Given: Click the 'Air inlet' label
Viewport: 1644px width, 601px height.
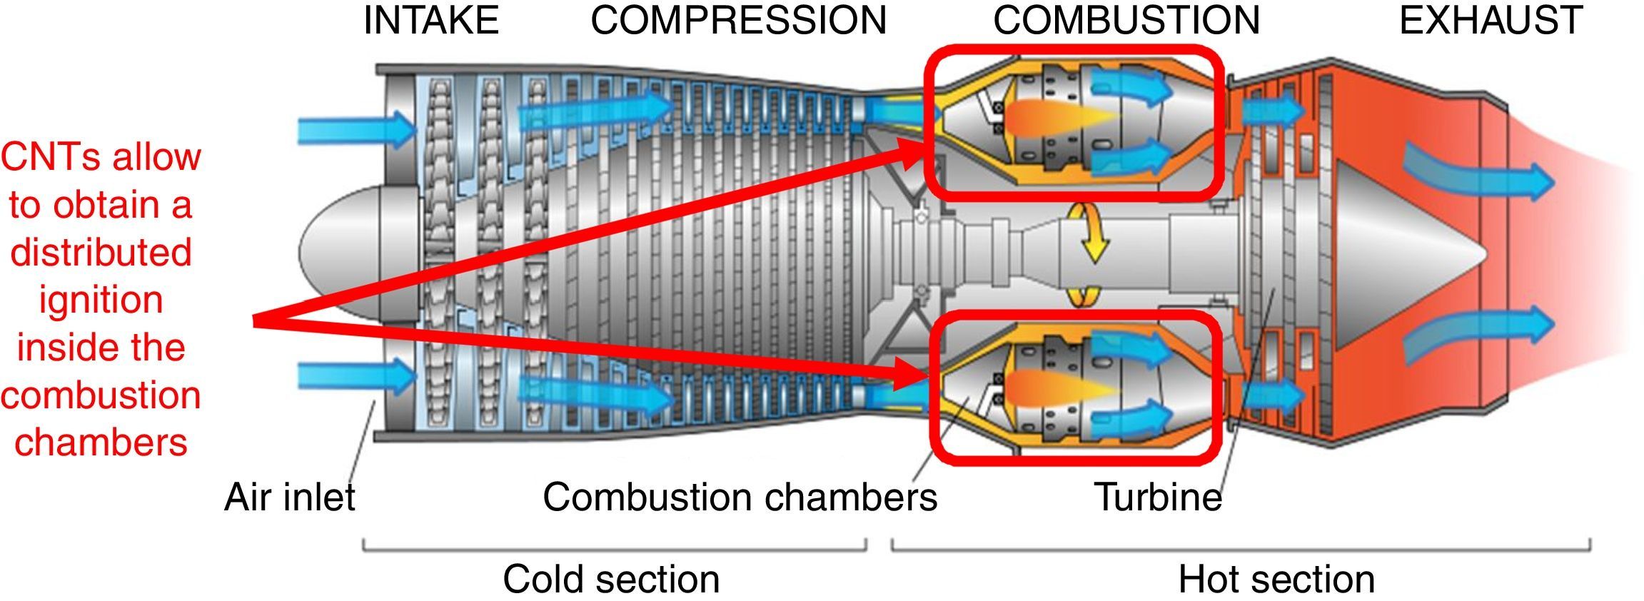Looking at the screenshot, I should (x=289, y=497).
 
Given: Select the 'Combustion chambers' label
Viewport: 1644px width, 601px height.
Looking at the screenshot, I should (x=740, y=497).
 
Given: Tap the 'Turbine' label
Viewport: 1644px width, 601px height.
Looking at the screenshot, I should (x=1157, y=497).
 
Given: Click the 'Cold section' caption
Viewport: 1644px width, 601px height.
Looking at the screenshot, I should (x=611, y=579).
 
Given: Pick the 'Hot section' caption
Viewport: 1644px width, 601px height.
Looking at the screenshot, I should (x=1276, y=579).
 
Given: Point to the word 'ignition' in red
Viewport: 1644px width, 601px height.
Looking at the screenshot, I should (x=101, y=300).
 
